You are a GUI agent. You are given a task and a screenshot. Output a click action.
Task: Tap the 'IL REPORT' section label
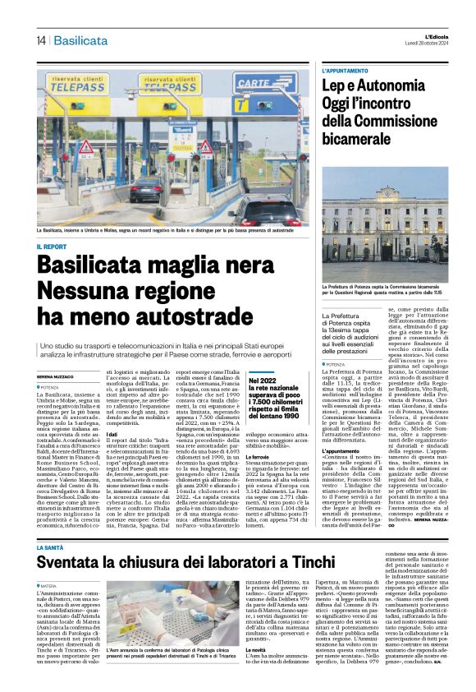(51, 247)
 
